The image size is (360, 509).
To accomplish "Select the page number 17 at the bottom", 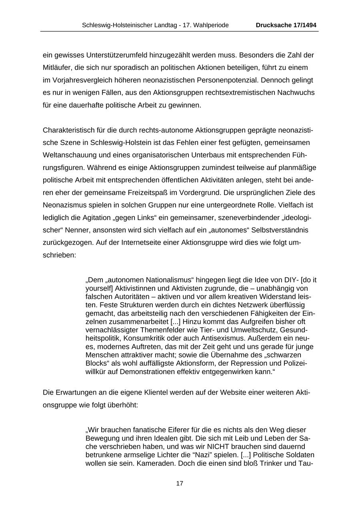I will [180, 483].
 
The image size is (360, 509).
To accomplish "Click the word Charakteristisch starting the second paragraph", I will [68, 130].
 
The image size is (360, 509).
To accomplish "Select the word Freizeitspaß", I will [143, 193].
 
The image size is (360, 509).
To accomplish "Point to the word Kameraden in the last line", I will [156, 464].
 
